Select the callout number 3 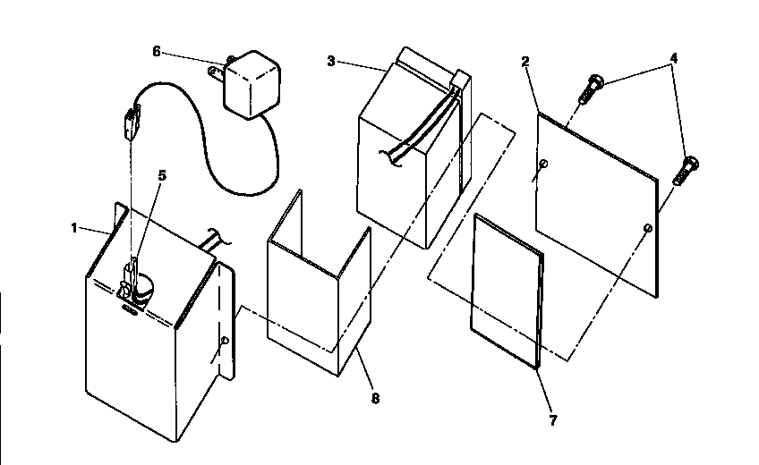coord(331,61)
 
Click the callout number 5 coord(161,176)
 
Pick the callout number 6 coord(157,51)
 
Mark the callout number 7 coord(552,419)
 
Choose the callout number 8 coord(374,399)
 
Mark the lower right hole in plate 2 coord(646,230)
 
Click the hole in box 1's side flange coord(224,341)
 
